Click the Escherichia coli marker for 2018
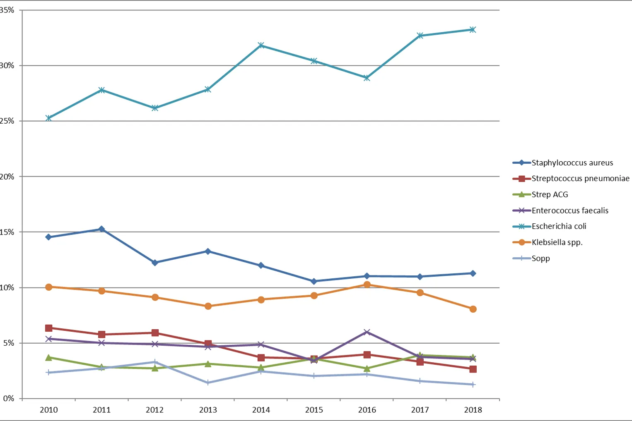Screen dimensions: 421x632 (473, 30)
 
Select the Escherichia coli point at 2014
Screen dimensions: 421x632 (261, 45)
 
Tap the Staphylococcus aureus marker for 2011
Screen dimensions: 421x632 (101, 229)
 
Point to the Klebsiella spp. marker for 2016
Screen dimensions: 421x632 (367, 285)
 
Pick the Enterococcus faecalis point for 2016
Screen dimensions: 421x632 (367, 332)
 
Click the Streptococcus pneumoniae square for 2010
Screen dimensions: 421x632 (48, 328)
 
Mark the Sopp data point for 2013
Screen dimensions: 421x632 (208, 383)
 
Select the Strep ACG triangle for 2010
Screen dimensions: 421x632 (48, 357)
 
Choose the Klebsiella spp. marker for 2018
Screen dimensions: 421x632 (473, 309)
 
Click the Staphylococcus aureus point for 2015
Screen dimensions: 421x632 (314, 281)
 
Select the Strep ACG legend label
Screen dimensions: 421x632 (550, 194)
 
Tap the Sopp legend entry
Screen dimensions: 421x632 (540, 258)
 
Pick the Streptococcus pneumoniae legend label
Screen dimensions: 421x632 (580, 179)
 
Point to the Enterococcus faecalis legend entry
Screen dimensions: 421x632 (570, 210)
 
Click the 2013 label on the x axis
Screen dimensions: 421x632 (208, 410)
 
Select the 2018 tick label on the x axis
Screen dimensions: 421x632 (473, 410)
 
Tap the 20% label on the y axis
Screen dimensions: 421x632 (7, 177)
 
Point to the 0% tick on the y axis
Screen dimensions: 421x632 (8, 399)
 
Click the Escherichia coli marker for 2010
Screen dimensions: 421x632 (48, 118)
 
